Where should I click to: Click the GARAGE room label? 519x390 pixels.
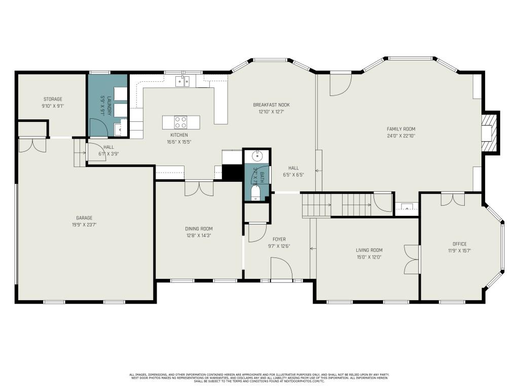pyautogui.click(x=84, y=218)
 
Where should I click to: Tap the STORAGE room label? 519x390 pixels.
pyautogui.click(x=53, y=99)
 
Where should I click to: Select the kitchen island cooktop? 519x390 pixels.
pyautogui.click(x=180, y=122)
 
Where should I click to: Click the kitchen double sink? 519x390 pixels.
pyautogui.click(x=182, y=81)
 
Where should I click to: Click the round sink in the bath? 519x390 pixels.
pyautogui.click(x=257, y=155)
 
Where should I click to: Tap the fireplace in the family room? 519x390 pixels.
pyautogui.click(x=488, y=133)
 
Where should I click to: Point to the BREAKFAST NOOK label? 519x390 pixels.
pyautogui.click(x=271, y=105)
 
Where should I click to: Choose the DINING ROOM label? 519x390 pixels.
pyautogui.click(x=199, y=229)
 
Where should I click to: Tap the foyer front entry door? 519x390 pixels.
pyautogui.click(x=281, y=269)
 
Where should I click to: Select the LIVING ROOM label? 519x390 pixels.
pyautogui.click(x=368, y=250)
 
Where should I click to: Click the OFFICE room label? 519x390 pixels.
pyautogui.click(x=459, y=244)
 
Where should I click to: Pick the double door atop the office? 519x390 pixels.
pyautogui.click(x=452, y=199)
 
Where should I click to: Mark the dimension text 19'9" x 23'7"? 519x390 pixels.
pyautogui.click(x=84, y=224)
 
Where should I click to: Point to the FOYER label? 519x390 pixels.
pyautogui.click(x=279, y=239)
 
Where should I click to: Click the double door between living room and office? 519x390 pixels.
pyautogui.click(x=412, y=259)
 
